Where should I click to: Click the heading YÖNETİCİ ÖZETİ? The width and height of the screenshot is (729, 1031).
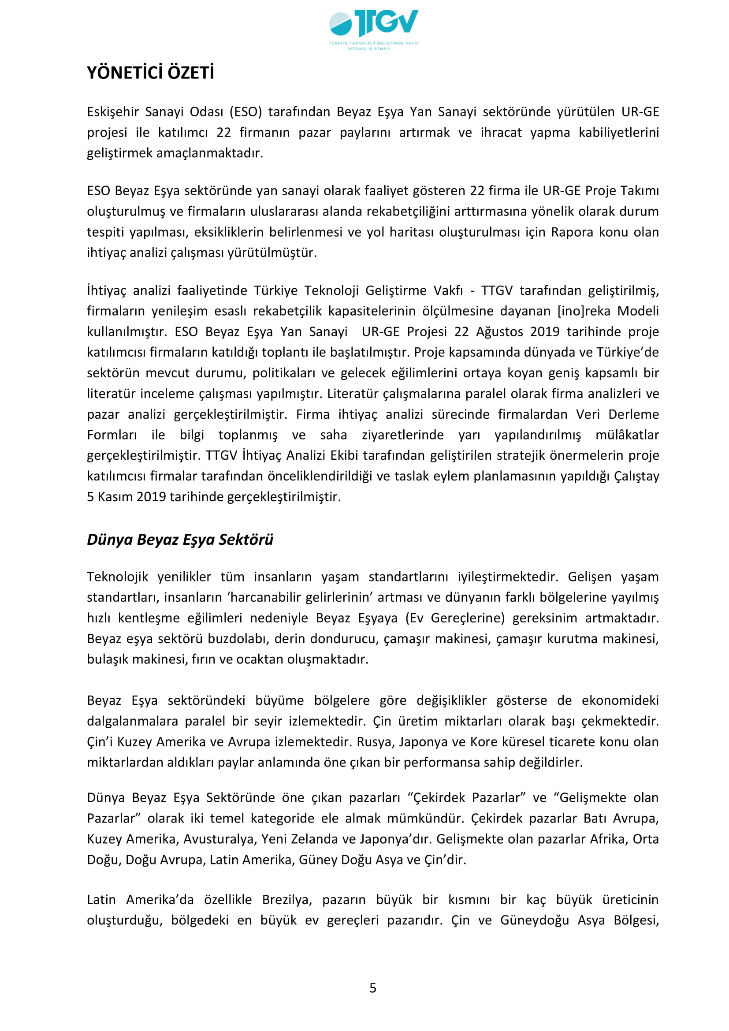point(150,73)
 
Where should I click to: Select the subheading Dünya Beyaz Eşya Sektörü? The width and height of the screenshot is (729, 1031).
point(180,539)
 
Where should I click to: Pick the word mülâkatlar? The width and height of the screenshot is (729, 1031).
point(627,435)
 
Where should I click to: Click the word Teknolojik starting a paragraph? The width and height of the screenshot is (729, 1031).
point(117,577)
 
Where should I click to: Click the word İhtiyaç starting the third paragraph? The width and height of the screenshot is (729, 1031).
point(106,290)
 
